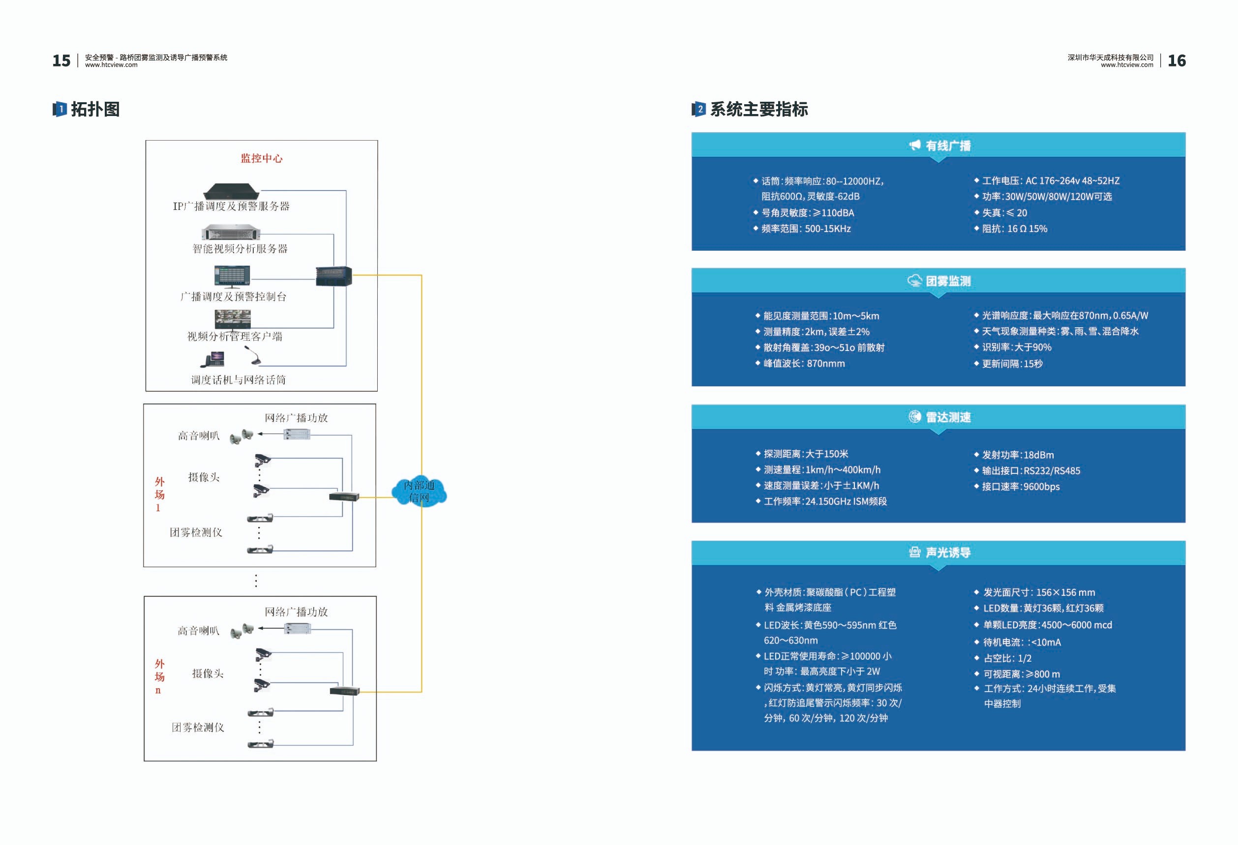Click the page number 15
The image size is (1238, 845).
[x=61, y=60]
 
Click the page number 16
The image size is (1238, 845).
[x=1176, y=60]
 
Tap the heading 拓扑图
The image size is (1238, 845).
[x=95, y=109]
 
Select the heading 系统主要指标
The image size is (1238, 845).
[x=758, y=109]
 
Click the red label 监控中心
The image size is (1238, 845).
[x=262, y=158]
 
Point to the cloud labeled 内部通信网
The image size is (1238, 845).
[x=419, y=492]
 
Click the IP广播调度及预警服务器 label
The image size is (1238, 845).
[x=231, y=206]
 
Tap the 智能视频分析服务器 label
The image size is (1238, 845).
[x=240, y=249]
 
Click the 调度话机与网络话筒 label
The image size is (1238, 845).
[x=239, y=379]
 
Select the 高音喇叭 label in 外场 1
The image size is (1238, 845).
[x=199, y=436]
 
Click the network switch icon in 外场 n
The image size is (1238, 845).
[x=345, y=691]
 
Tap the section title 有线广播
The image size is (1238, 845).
[x=948, y=146]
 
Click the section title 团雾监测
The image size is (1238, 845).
[x=948, y=281]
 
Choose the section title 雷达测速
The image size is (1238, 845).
[x=948, y=417]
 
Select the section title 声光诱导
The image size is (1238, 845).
[x=948, y=553]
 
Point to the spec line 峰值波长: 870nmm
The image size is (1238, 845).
[x=804, y=364]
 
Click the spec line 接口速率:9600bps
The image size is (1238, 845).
[x=1021, y=487]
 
